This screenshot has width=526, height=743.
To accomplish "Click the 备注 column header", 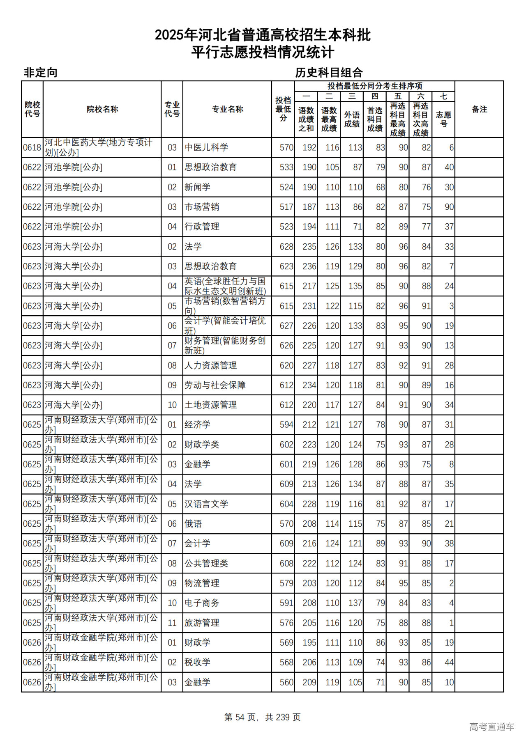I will click(479, 109).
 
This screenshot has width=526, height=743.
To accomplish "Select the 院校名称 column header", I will click(102, 109).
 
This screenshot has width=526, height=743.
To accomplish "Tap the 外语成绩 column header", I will click(352, 119).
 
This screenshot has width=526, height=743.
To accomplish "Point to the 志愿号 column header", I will click(443, 119).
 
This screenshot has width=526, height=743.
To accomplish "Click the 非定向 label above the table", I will click(40, 73).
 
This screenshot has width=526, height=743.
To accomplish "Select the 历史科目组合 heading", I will click(329, 73).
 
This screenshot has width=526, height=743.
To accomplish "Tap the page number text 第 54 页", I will click(240, 717).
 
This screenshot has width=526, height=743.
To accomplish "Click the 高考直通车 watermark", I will click(491, 727).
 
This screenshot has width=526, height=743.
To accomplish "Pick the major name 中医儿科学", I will click(206, 147).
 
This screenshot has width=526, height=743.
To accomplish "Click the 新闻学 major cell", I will click(197, 187).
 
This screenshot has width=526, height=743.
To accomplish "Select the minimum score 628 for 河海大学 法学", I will click(286, 247).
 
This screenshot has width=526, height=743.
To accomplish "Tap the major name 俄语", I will click(193, 524).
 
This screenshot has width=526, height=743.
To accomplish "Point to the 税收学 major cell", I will click(197, 662).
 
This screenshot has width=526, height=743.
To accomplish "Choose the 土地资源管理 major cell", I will click(210, 405).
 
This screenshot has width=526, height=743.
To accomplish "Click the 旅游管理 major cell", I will click(202, 623).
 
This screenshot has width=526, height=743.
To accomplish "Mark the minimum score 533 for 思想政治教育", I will click(286, 167).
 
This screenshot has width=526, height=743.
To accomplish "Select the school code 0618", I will click(32, 147).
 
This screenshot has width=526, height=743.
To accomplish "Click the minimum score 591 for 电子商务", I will click(286, 603).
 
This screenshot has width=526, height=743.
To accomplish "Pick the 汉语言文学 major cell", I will click(206, 504).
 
